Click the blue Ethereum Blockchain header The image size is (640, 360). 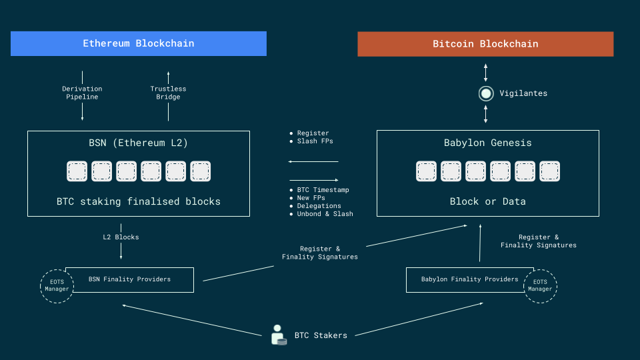(139, 43)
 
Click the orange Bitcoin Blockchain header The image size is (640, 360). (485, 44)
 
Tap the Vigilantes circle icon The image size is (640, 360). (485, 93)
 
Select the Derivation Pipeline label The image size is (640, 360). (82, 93)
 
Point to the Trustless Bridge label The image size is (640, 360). (168, 93)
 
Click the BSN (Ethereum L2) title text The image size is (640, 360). (139, 143)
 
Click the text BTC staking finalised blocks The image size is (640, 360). (139, 201)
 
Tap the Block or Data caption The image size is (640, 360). (487, 201)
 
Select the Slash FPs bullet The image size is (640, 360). (315, 141)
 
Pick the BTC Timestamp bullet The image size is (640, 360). (323, 190)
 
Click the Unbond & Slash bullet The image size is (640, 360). (325, 214)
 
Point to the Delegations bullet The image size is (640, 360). (319, 206)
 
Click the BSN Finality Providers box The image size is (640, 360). (129, 279)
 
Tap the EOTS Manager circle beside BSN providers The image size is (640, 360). (57, 286)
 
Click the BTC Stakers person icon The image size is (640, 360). (279, 335)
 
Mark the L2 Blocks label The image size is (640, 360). (121, 237)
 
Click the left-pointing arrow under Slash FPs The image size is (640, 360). (313, 161)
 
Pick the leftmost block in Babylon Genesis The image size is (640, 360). (427, 171)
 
